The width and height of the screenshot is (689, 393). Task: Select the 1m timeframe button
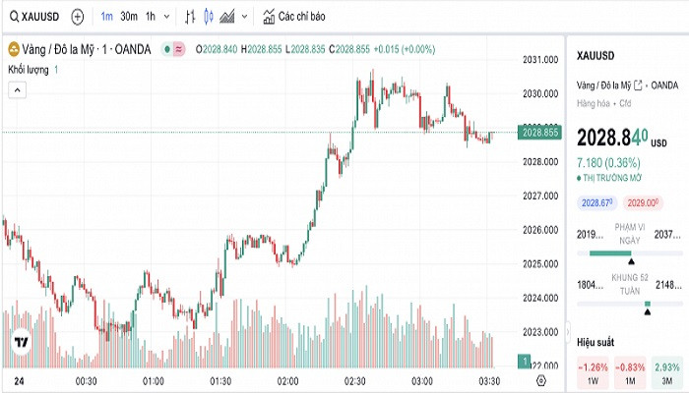click(106, 17)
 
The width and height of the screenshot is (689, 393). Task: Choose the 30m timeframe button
click(129, 17)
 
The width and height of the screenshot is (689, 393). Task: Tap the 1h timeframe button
click(150, 17)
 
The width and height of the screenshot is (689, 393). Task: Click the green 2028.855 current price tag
click(541, 132)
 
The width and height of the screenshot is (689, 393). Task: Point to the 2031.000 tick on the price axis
click(540, 60)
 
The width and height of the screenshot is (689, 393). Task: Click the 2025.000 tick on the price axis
click(540, 263)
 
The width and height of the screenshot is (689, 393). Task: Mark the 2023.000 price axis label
click(540, 331)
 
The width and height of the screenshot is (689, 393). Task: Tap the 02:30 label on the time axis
click(354, 380)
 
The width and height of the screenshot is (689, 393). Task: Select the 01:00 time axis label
click(153, 380)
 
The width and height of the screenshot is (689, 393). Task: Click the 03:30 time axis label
click(489, 380)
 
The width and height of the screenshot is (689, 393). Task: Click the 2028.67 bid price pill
click(597, 202)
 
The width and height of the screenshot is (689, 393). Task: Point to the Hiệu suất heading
click(595, 342)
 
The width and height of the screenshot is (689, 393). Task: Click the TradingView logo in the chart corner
click(20, 344)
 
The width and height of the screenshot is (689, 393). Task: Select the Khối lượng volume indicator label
click(29, 70)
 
